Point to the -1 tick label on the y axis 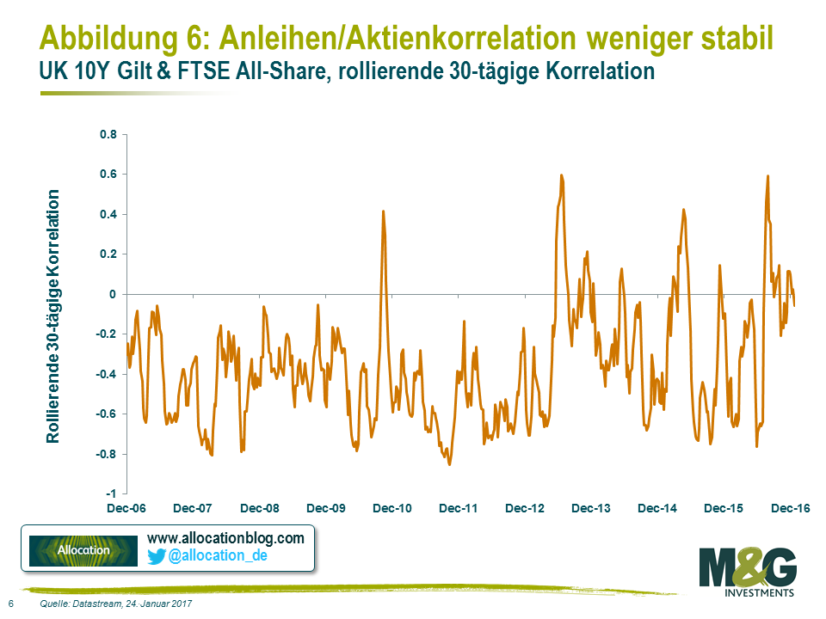111,494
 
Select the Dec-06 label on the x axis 127,509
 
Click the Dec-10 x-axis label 392,509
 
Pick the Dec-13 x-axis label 591,509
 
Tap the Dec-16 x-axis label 789,509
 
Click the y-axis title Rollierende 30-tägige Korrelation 53,316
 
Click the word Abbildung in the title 114,38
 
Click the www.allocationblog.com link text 225,538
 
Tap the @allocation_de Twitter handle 219,556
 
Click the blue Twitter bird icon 156,556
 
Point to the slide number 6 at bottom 10,604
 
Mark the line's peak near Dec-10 383,211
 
